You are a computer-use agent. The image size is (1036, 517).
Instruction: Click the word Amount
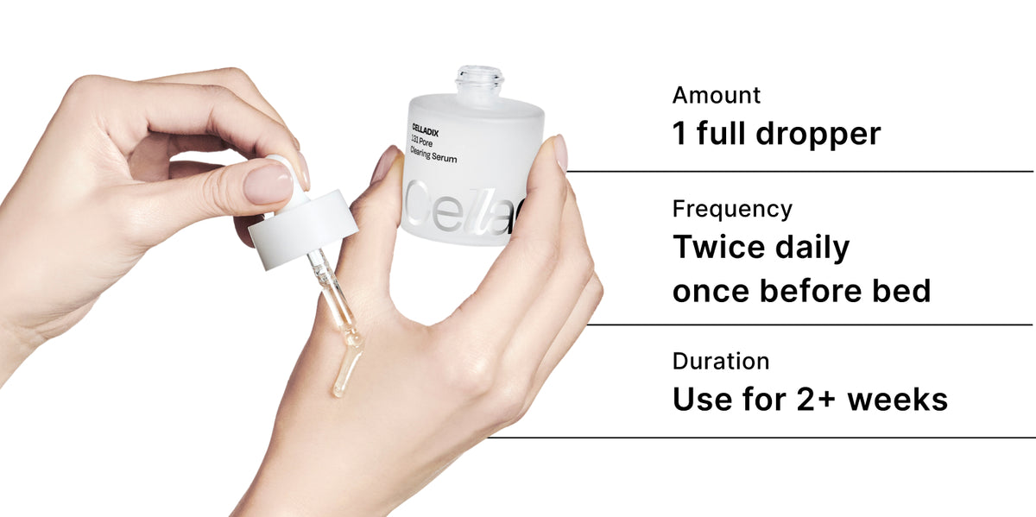(717, 95)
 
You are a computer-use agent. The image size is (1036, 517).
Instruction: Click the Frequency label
(732, 209)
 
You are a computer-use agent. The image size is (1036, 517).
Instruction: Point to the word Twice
(718, 248)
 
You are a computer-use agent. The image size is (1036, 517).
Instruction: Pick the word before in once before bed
(811, 291)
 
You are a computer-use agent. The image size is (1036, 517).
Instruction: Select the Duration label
(721, 361)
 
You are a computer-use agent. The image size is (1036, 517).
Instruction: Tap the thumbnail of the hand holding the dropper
(269, 183)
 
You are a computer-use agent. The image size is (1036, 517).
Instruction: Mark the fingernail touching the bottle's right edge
(559, 152)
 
